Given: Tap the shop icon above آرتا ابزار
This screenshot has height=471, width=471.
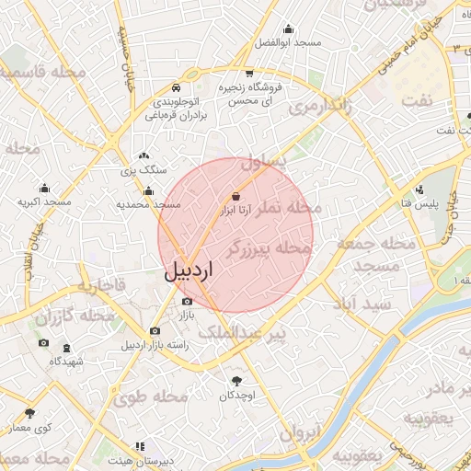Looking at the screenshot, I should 236,196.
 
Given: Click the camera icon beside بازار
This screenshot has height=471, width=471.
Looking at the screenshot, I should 188,301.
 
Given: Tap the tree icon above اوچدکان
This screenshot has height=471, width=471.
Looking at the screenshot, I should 236,380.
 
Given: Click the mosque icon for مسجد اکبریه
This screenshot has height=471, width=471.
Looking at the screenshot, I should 44,187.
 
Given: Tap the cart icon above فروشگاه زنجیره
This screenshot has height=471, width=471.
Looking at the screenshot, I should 249,74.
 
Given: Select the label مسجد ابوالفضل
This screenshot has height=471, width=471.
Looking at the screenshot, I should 288,43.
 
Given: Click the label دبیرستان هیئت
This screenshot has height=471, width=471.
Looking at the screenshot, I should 139,460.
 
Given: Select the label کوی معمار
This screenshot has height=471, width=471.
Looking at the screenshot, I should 29,428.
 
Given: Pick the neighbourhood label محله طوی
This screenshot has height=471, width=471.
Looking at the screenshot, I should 151,396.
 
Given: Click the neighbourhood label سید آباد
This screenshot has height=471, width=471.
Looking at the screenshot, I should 364,303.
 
